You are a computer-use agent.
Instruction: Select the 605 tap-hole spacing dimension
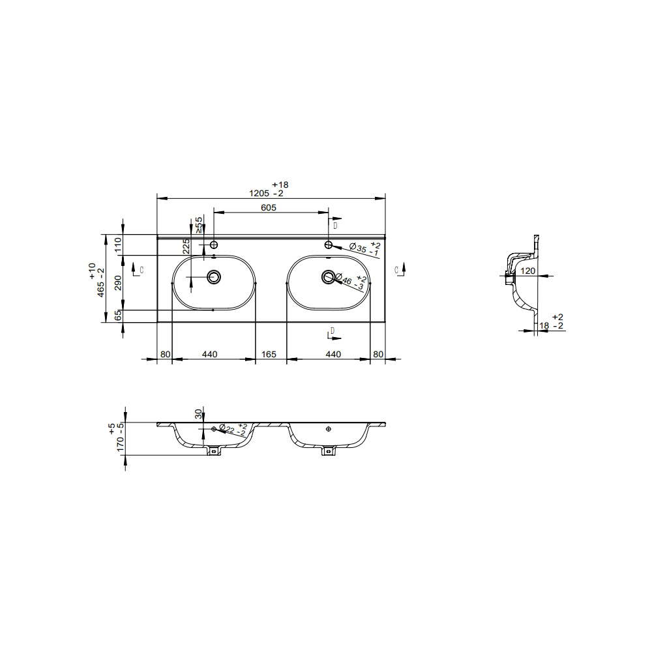[x=268, y=207]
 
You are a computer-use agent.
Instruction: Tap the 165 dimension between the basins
[x=269, y=354]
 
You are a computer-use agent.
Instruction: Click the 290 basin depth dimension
[x=117, y=283]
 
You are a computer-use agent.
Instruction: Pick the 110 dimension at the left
[x=117, y=244]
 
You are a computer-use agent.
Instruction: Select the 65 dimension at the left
[x=117, y=316]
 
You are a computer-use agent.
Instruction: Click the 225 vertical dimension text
[x=186, y=246]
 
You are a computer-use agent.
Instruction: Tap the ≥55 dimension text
[x=198, y=224]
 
